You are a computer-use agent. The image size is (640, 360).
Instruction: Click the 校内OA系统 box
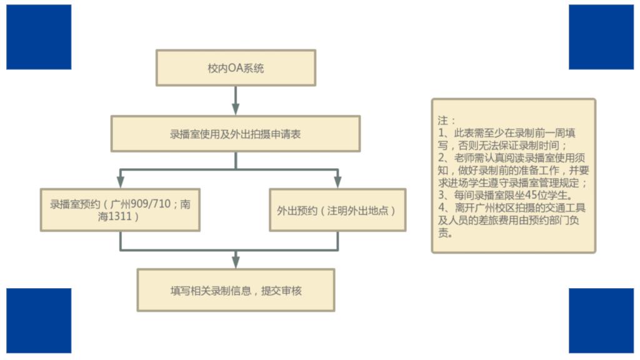(236, 67)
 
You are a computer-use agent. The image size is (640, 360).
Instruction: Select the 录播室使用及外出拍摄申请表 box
(236, 133)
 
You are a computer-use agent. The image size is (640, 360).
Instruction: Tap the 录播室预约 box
(120, 210)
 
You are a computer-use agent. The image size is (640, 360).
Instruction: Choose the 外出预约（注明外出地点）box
(337, 210)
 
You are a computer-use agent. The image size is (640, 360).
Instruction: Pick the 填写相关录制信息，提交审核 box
(236, 290)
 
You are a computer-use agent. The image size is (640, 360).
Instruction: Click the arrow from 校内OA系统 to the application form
(236, 100)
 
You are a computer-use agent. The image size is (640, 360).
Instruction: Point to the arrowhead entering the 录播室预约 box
(120, 182)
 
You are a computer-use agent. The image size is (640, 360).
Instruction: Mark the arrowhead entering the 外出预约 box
(337, 182)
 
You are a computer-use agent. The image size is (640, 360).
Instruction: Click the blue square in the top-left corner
(39, 37)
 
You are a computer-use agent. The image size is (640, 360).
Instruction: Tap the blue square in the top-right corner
(601, 37)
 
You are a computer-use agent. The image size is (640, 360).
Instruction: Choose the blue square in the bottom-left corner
(39, 320)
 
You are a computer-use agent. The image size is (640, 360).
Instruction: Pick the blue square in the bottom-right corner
(601, 320)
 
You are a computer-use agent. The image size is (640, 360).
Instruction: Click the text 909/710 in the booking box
(151, 204)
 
